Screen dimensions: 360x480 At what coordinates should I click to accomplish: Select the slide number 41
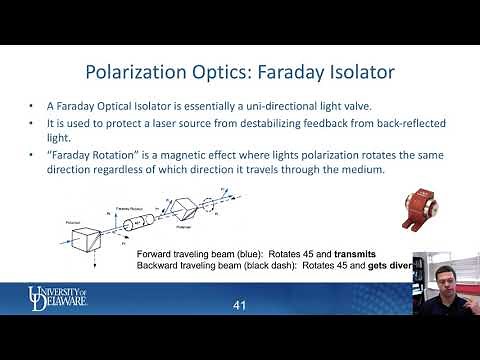(239, 304)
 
